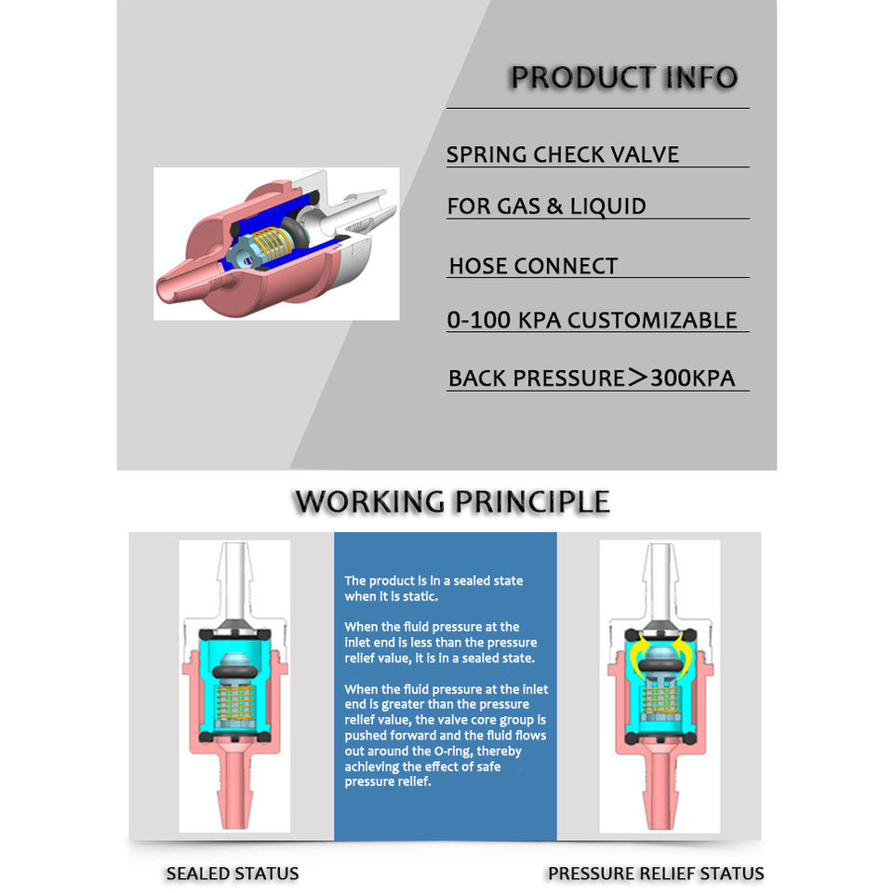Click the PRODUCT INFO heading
623,77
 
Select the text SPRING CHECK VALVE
563,155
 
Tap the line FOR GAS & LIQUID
547,207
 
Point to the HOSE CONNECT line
533,266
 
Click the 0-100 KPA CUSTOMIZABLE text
593,320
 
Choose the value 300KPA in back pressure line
692,379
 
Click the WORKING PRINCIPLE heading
452,501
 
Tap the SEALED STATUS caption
233,873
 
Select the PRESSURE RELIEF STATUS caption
656,873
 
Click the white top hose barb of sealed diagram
234,580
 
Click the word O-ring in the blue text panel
453,752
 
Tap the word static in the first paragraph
419,596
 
